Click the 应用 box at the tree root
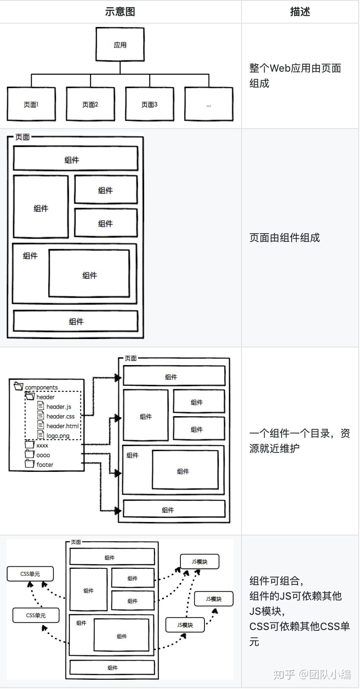120,45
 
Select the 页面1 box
31,104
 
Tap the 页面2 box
90,104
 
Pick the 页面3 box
149,104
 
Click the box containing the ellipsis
209,104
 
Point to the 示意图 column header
120,12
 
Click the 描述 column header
300,12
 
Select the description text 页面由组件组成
285,238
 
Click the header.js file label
59,406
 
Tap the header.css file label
60,416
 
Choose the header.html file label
62,426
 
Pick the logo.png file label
58,436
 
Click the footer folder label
45,465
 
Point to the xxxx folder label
42,445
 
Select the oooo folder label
43,455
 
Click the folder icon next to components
19,386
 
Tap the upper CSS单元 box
30,573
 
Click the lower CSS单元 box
36,615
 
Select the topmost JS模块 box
199,562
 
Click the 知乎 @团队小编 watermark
312,674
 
